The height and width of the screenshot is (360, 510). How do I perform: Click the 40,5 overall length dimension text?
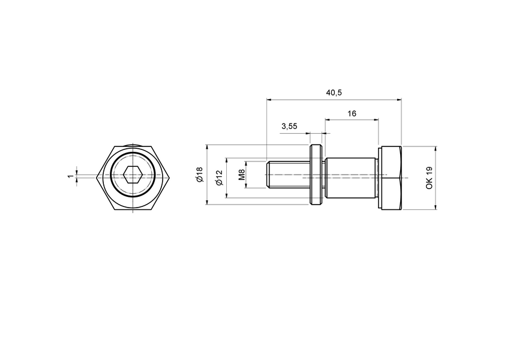pyautogui.click(x=334, y=92)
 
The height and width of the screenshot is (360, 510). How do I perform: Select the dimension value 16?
pyautogui.click(x=352, y=113)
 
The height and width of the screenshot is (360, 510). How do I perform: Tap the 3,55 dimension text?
pyautogui.click(x=289, y=126)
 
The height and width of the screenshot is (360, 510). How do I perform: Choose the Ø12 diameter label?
pyautogui.click(x=219, y=176)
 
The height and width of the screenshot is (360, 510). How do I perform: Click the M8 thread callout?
pyautogui.click(x=242, y=175)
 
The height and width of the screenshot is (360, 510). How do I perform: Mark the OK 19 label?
pyautogui.click(x=429, y=178)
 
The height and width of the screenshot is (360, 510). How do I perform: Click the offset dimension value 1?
pyautogui.click(x=70, y=176)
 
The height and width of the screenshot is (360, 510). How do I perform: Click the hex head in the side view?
pyautogui.click(x=390, y=178)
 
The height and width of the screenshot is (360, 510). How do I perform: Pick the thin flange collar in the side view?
pyautogui.click(x=316, y=176)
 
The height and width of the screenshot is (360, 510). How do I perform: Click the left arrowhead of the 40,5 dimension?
pyautogui.click(x=268, y=99)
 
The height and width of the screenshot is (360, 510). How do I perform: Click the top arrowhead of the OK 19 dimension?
pyautogui.click(x=436, y=148)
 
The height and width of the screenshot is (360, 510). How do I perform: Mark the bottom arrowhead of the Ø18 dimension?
pyautogui.click(x=206, y=203)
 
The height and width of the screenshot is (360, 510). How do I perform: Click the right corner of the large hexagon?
pyautogui.click(x=172, y=176)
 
